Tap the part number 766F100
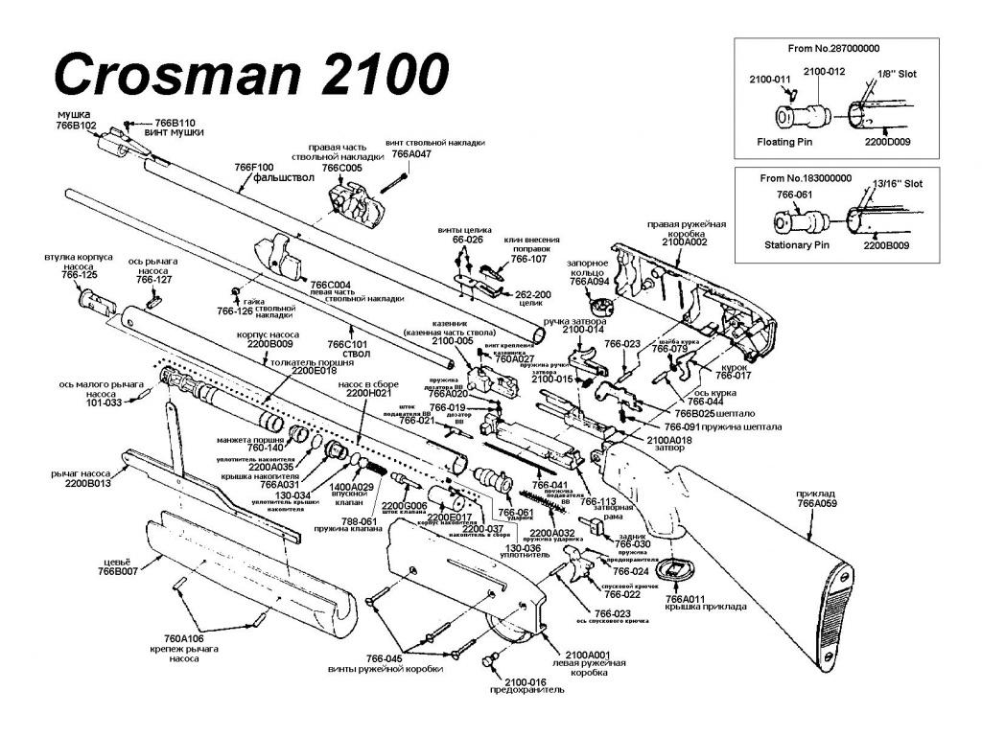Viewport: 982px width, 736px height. click(x=254, y=167)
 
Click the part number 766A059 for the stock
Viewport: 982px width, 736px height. click(x=817, y=502)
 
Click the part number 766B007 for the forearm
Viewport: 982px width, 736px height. click(x=119, y=571)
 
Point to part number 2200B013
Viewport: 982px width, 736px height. click(x=88, y=484)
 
